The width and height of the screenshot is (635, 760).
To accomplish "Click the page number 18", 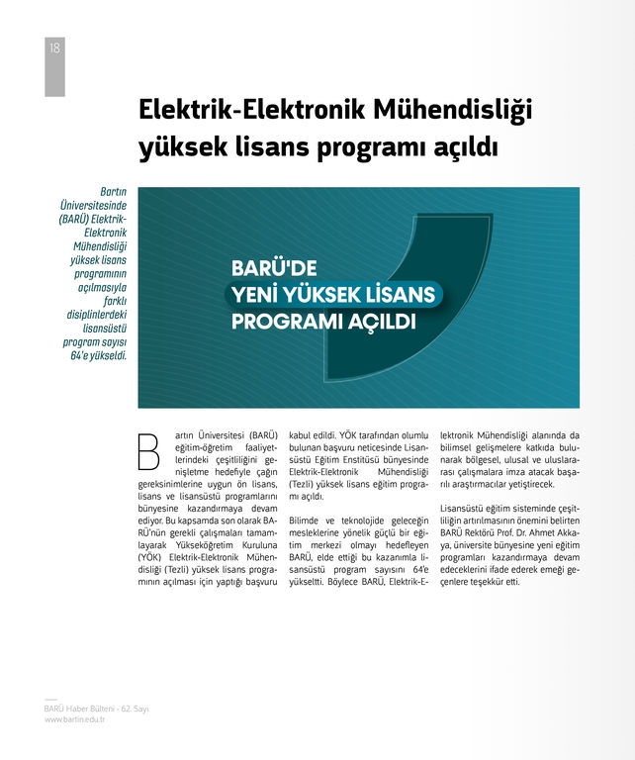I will click(53, 47).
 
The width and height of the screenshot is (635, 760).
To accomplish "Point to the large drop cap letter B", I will click(148, 450).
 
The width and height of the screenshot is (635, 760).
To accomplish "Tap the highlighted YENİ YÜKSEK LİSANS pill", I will click(331, 294).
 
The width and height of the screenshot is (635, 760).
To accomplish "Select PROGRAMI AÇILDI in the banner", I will click(322, 322).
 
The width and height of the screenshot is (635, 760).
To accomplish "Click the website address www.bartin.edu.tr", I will click(75, 719).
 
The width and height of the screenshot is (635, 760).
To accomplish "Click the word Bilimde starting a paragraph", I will click(305, 521).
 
